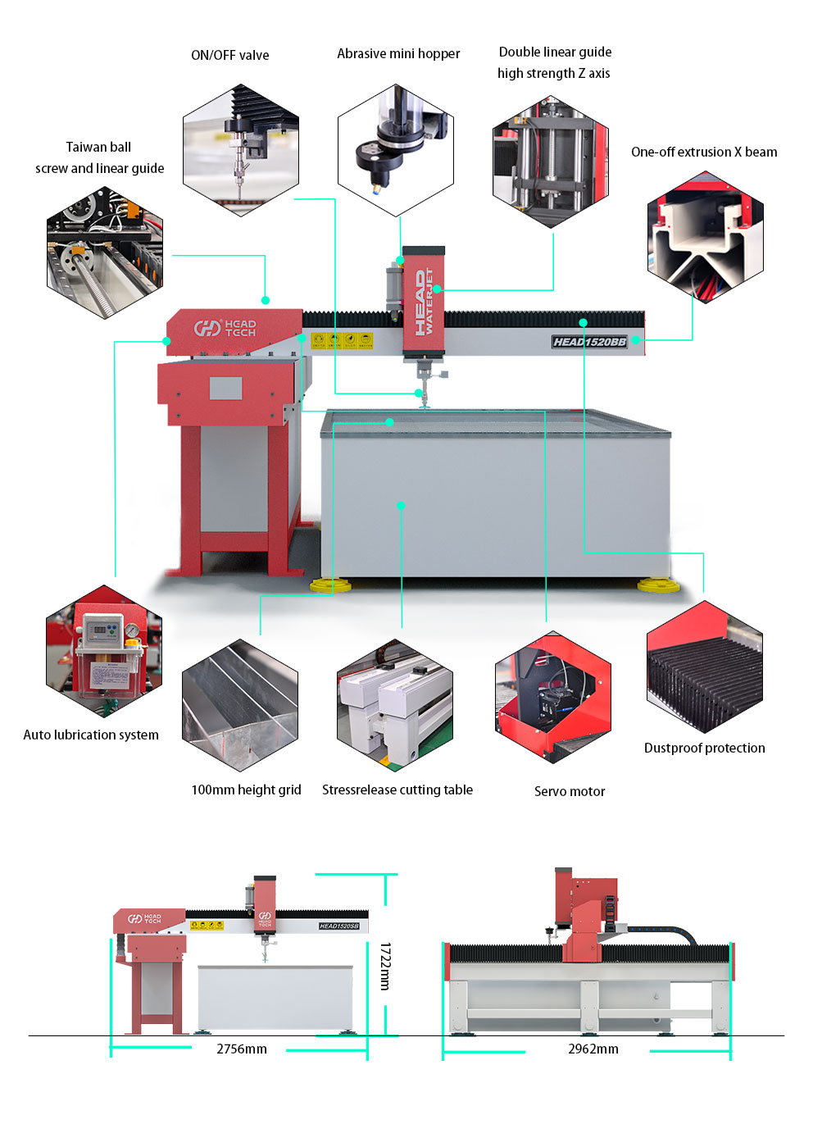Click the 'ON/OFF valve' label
(x=229, y=55)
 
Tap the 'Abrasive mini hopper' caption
(x=398, y=53)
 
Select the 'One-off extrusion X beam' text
(x=704, y=152)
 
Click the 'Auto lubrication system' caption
(x=91, y=735)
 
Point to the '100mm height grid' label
(x=246, y=790)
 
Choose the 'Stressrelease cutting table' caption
(x=397, y=790)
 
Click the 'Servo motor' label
(x=570, y=791)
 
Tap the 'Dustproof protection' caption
(x=704, y=748)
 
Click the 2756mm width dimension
(x=242, y=1049)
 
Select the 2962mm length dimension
(x=593, y=1049)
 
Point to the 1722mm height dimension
(x=385, y=966)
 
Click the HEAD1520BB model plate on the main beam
(x=589, y=342)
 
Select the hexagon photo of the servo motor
(x=553, y=698)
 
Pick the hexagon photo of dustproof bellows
(x=705, y=667)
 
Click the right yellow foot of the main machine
(x=657, y=585)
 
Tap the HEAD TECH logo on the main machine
(x=225, y=328)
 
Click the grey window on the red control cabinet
(x=225, y=388)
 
